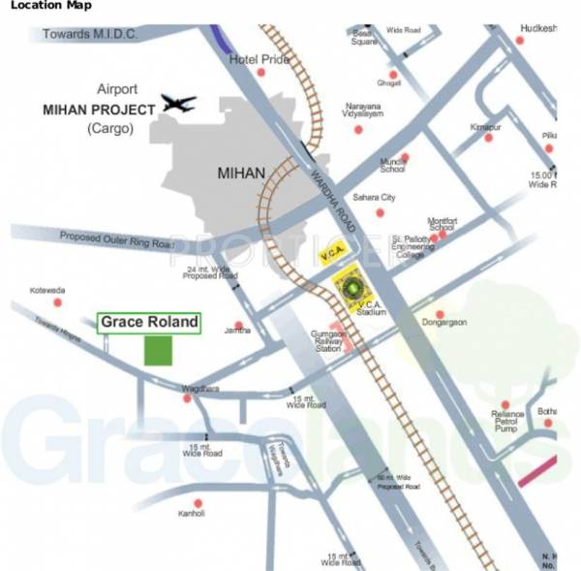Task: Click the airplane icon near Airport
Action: [x=179, y=103]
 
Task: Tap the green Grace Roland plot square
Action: [x=158, y=351]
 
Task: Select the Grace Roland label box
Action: [x=149, y=322]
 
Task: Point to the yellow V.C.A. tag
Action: [x=329, y=256]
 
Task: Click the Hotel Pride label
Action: [x=260, y=60]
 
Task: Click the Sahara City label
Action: [x=374, y=198]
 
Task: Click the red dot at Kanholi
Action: [x=198, y=503]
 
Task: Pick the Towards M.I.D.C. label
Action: [x=90, y=35]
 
